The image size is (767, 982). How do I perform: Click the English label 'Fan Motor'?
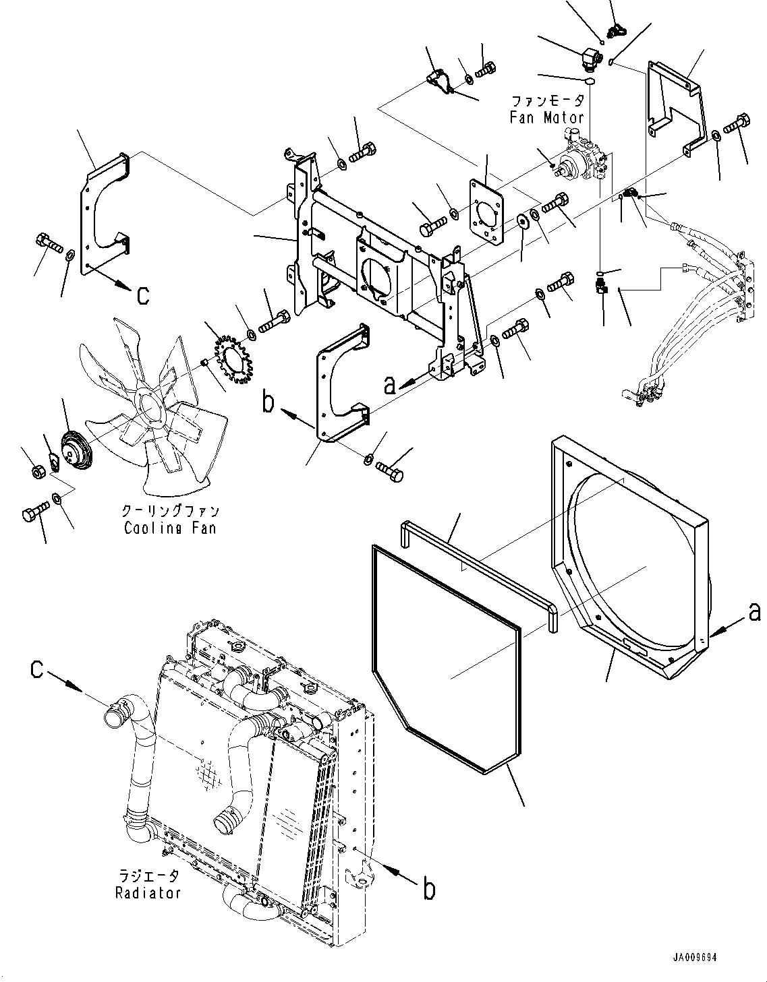[x=547, y=118]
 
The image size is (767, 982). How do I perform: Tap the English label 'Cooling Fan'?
[x=170, y=528]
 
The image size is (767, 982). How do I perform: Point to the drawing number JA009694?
[x=694, y=958]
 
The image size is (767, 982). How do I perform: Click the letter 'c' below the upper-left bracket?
[x=142, y=296]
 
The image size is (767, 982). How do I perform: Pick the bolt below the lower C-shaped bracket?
[x=390, y=473]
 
